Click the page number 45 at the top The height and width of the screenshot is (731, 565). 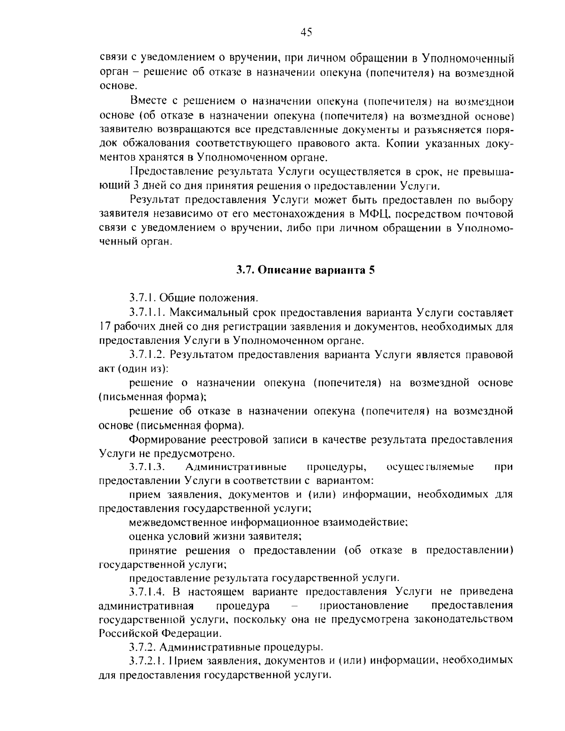tap(306, 32)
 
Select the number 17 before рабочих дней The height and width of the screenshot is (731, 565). tap(105, 326)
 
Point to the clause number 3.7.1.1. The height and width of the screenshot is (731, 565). tap(147, 312)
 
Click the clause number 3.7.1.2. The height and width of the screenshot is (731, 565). tap(147, 355)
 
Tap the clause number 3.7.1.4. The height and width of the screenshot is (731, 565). tap(147, 591)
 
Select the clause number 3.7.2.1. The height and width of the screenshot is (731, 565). tap(147, 661)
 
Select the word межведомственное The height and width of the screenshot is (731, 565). tap(177, 522)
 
